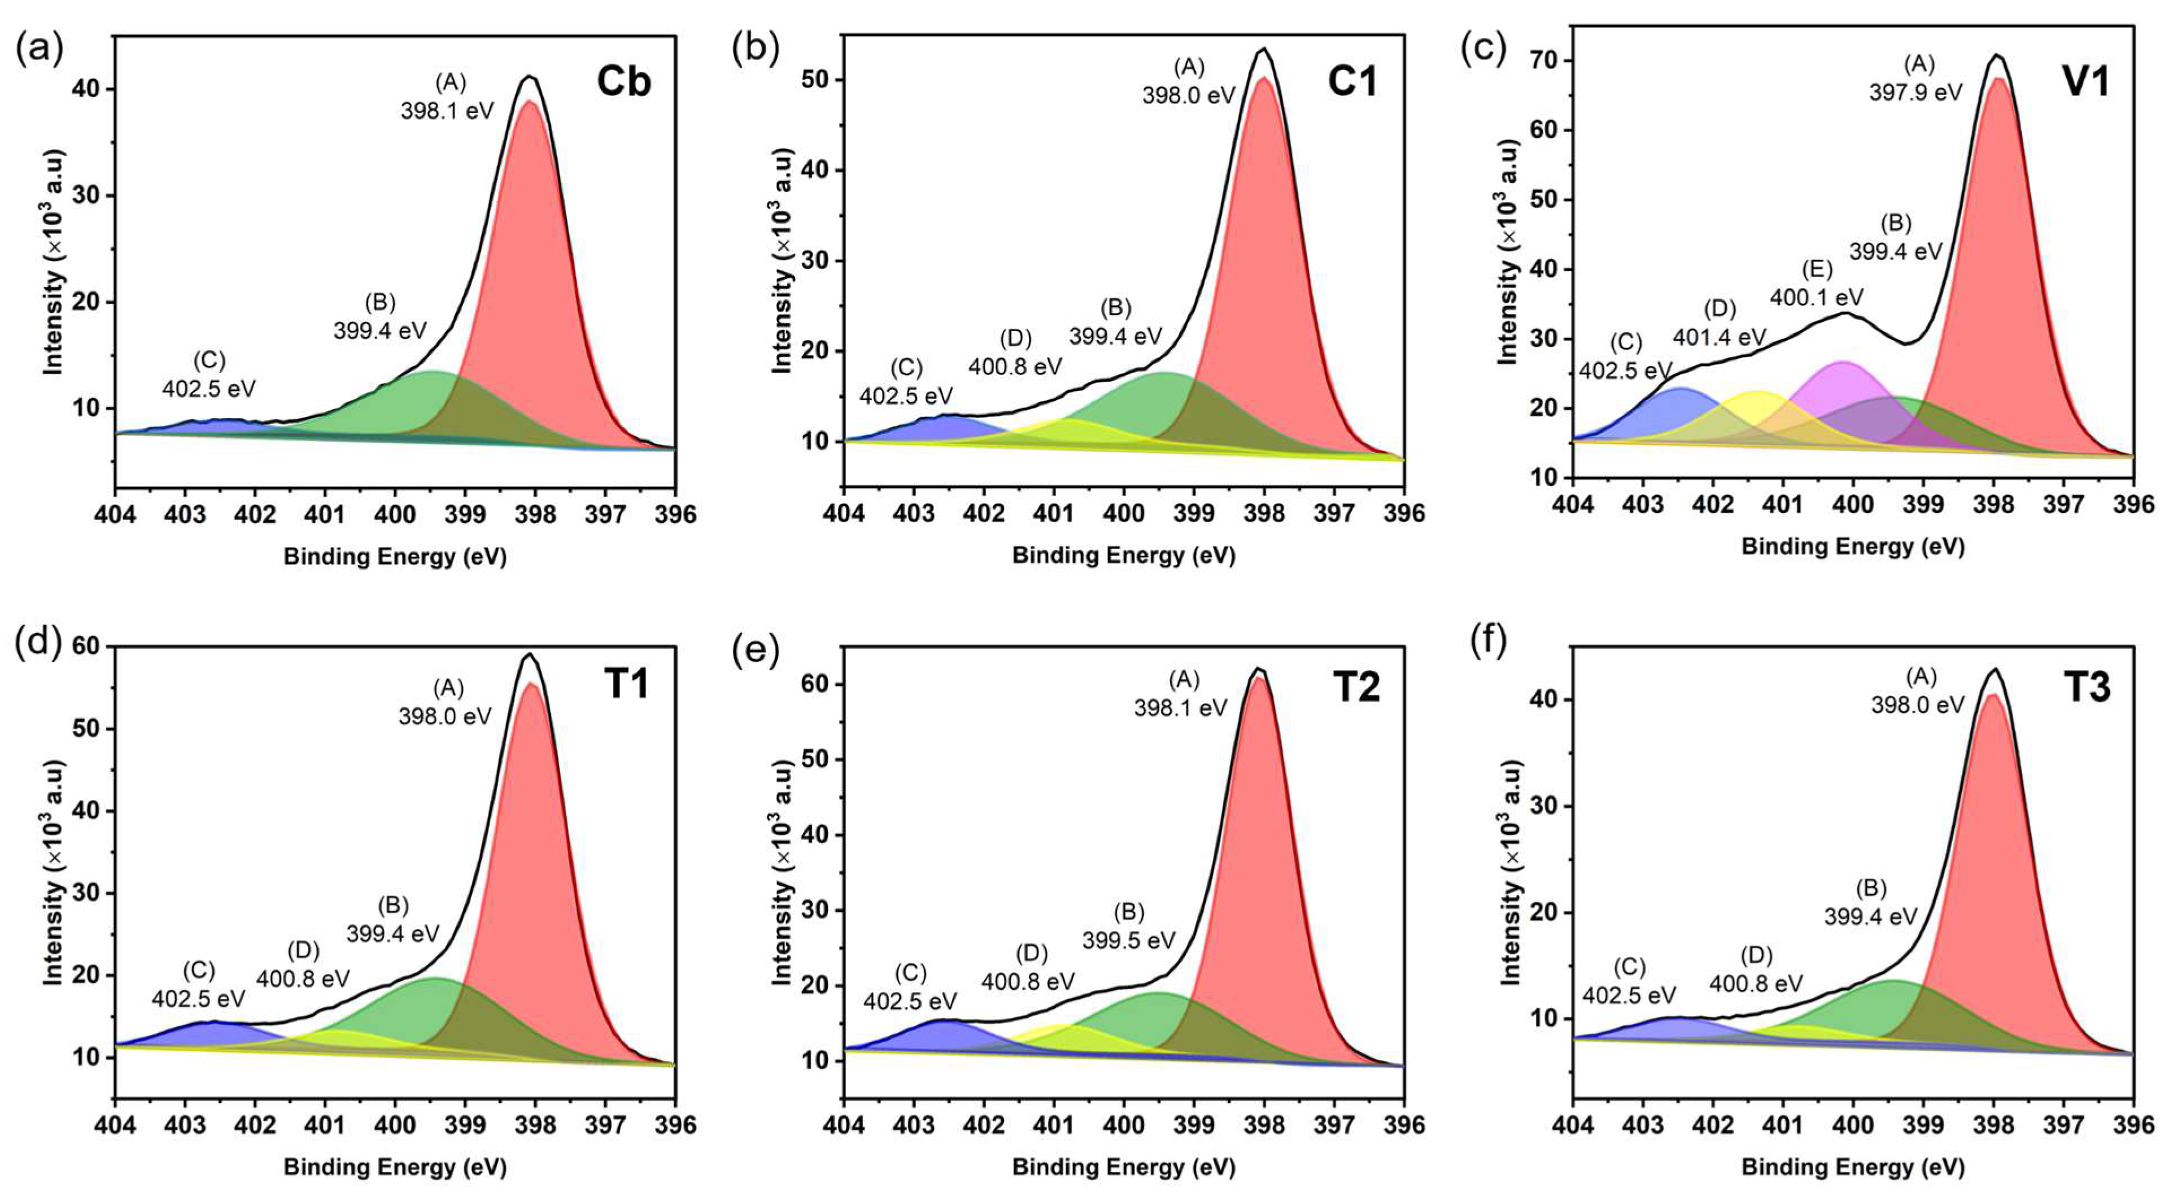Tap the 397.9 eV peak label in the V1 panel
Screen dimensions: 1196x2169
pyautogui.click(x=1915, y=92)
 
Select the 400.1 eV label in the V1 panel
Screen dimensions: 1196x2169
pyautogui.click(x=1816, y=297)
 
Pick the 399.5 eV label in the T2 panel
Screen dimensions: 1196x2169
pyautogui.click(x=1128, y=940)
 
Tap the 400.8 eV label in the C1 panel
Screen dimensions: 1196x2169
pyautogui.click(x=1015, y=367)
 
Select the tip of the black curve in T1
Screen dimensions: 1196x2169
pyautogui.click(x=529, y=654)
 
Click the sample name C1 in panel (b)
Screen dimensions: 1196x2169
pyautogui.click(x=1352, y=82)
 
